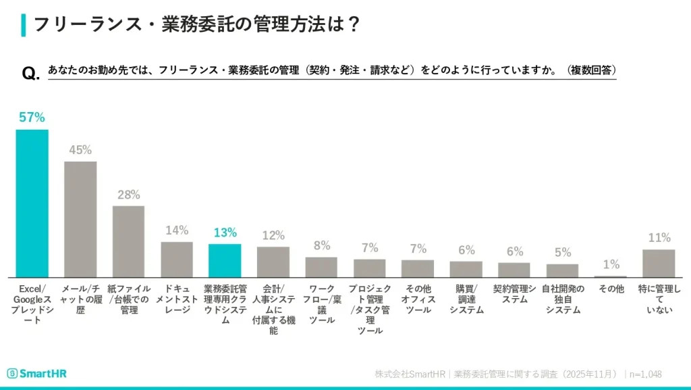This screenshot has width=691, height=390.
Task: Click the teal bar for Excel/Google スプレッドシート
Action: (x=32, y=203)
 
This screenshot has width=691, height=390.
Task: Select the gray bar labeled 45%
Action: (x=80, y=219)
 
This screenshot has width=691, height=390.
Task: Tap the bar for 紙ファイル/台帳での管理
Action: (x=128, y=241)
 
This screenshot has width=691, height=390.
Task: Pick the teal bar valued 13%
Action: (x=225, y=260)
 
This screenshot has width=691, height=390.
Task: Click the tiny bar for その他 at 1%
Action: (x=611, y=276)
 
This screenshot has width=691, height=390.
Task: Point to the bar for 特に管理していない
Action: (x=659, y=263)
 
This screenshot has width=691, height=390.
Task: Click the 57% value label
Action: (x=32, y=118)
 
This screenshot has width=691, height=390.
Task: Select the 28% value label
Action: (x=128, y=195)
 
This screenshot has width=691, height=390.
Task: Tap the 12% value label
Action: (x=273, y=235)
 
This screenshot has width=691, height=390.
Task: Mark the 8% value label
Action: (x=321, y=245)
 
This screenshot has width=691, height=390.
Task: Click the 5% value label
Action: (x=562, y=253)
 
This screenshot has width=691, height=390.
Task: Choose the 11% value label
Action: (x=659, y=238)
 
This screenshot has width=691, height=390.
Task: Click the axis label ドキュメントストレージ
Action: (x=177, y=299)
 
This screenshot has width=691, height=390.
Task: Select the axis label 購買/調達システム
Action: (x=466, y=299)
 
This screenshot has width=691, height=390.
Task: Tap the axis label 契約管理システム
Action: (x=514, y=294)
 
